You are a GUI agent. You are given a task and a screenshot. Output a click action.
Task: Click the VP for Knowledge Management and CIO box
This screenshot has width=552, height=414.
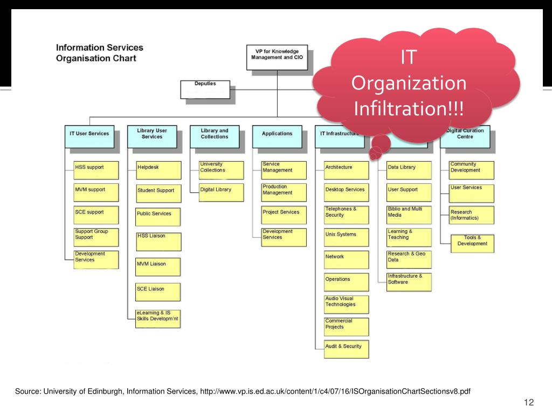click(278, 57)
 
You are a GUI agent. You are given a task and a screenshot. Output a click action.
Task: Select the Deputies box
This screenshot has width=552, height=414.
click(205, 89)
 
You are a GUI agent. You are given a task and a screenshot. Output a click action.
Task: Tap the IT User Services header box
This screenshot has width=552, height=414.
click(89, 136)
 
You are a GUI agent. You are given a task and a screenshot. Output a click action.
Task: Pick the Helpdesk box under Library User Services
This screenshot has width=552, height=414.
click(158, 170)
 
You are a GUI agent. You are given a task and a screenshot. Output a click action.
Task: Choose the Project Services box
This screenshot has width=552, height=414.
click(284, 215)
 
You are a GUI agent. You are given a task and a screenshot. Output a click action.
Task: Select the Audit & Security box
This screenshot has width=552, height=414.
click(347, 349)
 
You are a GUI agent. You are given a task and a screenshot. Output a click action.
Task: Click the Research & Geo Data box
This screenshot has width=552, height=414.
click(409, 259)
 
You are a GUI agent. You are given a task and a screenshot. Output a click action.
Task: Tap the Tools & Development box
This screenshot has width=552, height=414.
click(472, 243)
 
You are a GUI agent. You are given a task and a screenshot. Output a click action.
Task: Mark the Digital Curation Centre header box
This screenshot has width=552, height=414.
click(465, 136)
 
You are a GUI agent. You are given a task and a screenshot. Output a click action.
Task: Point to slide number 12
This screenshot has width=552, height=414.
click(528, 403)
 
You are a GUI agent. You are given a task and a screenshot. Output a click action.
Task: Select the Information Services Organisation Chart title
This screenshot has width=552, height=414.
click(100, 53)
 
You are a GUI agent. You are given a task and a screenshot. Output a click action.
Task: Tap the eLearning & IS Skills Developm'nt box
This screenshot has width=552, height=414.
click(158, 319)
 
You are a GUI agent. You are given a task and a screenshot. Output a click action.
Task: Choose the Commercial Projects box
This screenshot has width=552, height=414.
click(347, 326)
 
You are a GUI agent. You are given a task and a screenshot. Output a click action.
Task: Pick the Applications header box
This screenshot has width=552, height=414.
click(277, 136)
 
